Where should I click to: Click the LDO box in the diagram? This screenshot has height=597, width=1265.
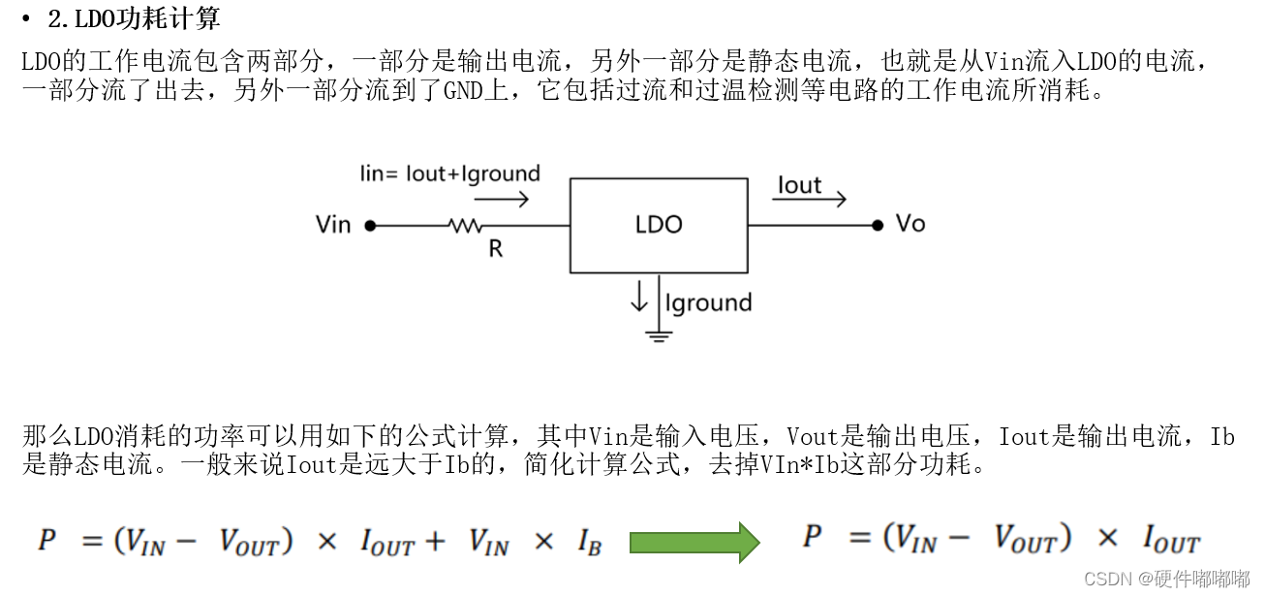click(659, 225)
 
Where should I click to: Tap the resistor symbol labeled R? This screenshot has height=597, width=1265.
click(464, 226)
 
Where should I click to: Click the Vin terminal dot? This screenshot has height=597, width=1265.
click(370, 226)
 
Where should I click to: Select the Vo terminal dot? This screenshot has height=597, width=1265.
click(878, 225)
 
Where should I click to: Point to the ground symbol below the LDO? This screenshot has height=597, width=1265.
click(660, 336)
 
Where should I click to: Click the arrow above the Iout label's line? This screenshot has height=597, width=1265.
click(809, 200)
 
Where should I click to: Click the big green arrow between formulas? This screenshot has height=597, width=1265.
click(694, 542)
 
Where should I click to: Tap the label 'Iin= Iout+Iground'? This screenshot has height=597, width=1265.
click(449, 174)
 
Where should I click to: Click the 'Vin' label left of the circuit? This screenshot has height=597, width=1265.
click(333, 225)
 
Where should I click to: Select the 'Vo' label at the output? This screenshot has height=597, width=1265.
click(910, 224)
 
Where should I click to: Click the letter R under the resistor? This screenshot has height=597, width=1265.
click(495, 249)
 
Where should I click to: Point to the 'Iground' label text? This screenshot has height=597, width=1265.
click(708, 303)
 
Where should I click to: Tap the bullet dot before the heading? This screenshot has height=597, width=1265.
click(26, 18)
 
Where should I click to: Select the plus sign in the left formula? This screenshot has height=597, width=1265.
click(435, 541)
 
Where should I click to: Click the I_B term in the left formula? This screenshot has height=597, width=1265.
click(589, 542)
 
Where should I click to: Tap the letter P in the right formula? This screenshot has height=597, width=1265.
click(813, 537)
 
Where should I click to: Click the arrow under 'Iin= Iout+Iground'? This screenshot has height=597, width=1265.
click(501, 200)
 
